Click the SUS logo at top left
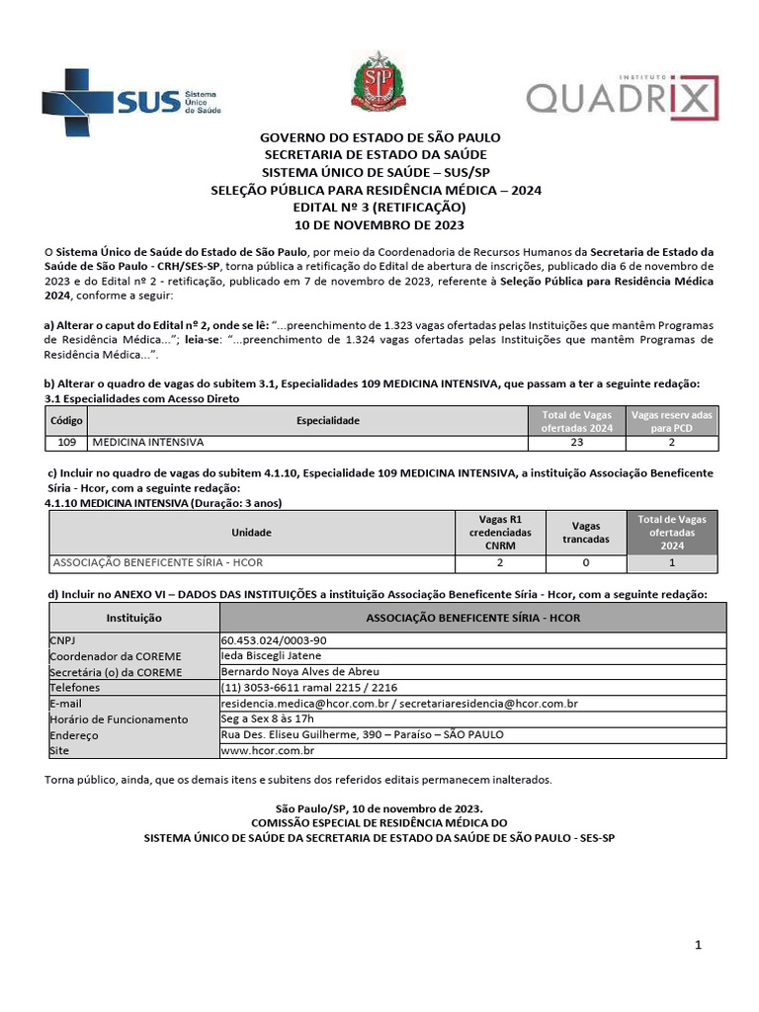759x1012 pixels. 131,102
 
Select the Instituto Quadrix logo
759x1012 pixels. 622,98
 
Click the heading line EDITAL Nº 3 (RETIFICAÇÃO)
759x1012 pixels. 379,208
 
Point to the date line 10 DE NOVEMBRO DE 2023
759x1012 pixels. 379,224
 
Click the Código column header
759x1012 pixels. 67,421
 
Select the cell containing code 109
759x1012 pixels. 67,444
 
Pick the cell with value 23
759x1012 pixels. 576,444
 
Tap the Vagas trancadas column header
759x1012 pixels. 585,533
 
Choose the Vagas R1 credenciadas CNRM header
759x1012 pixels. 499,533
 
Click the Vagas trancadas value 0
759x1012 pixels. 585,563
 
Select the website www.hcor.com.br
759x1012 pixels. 267,751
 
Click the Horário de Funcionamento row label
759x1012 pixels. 119,719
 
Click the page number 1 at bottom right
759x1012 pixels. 698,946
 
